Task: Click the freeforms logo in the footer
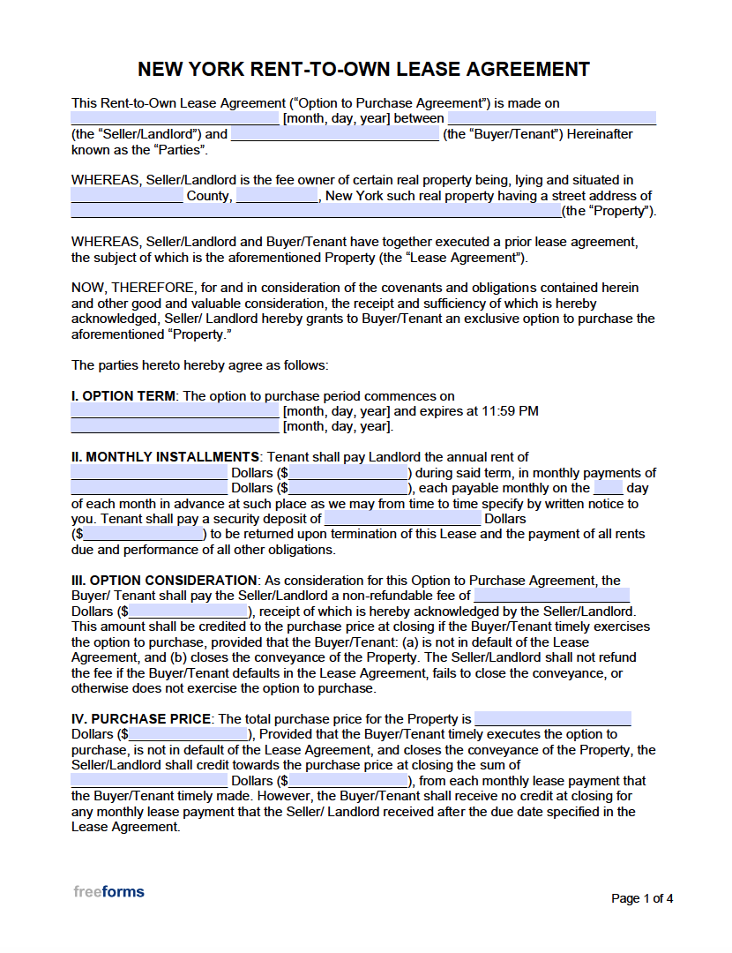click(108, 891)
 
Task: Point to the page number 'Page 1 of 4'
click(642, 898)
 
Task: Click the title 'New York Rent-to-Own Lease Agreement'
click(364, 69)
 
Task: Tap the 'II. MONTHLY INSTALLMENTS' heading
click(165, 457)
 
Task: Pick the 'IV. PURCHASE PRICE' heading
click(141, 719)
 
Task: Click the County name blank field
click(127, 196)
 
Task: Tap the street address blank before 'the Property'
click(316, 211)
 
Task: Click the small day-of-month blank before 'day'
click(609, 488)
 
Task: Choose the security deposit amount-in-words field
click(403, 519)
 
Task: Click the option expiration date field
click(175, 427)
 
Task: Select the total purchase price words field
click(553, 719)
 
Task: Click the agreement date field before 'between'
click(175, 118)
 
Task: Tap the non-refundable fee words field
click(552, 596)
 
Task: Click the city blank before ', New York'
click(277, 196)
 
